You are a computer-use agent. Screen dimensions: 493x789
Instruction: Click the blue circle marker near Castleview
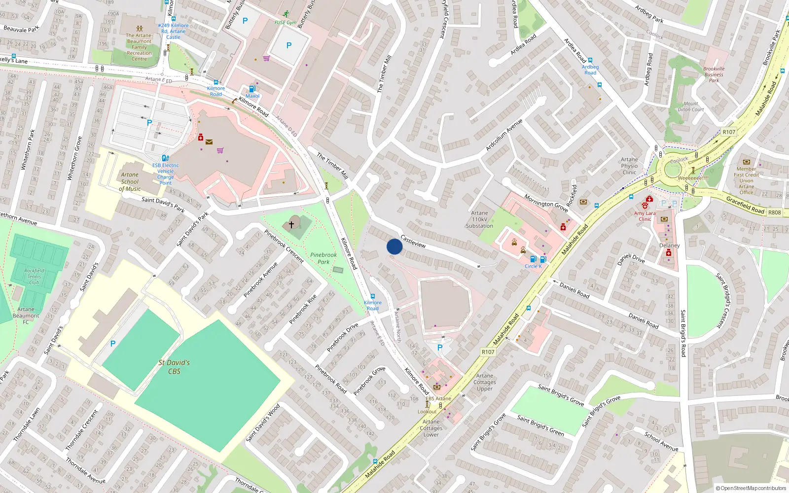pyautogui.click(x=394, y=246)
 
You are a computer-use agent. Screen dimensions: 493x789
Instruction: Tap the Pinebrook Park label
pyautogui.click(x=323, y=258)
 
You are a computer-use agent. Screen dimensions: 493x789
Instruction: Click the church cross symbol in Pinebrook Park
pyautogui.click(x=291, y=224)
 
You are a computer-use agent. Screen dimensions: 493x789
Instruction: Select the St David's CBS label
pyautogui.click(x=174, y=367)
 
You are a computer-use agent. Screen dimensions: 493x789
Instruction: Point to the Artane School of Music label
pyautogui.click(x=130, y=181)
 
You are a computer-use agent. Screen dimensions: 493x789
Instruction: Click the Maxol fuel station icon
pyautogui.click(x=252, y=89)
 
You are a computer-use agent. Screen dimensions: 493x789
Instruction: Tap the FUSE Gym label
pyautogui.click(x=286, y=23)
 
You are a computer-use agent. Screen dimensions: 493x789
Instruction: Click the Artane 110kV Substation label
pyautogui.click(x=479, y=219)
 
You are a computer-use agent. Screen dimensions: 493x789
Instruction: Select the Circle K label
pyautogui.click(x=533, y=266)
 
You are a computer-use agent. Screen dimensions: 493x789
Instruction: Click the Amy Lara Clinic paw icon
pyautogui.click(x=645, y=205)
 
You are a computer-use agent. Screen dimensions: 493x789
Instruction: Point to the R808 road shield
pyautogui.click(x=774, y=212)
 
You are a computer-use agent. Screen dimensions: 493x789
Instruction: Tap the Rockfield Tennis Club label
pyautogui.click(x=34, y=277)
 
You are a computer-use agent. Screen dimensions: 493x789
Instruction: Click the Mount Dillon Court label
pyautogui.click(x=691, y=106)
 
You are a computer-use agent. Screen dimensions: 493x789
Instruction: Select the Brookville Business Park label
pyautogui.click(x=714, y=74)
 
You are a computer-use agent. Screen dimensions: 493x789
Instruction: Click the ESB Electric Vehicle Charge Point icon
pyautogui.click(x=165, y=158)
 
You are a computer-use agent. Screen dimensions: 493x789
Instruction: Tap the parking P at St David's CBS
pyautogui.click(x=113, y=344)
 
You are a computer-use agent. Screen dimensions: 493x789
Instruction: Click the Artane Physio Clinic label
pyautogui.click(x=629, y=166)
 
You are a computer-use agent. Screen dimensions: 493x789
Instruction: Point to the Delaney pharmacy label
pyautogui.click(x=669, y=246)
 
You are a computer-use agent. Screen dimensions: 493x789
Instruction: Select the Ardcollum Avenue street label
pyautogui.click(x=503, y=135)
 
